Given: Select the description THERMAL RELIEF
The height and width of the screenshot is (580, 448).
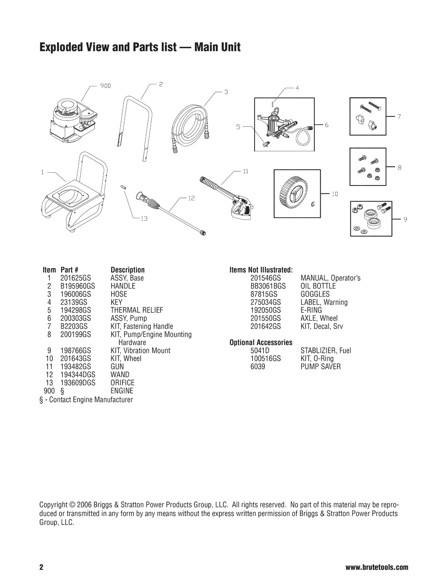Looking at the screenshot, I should [137, 310].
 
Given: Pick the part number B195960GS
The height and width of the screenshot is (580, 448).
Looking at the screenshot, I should [78, 286].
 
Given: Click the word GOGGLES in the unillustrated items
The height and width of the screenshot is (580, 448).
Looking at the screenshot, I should [315, 294].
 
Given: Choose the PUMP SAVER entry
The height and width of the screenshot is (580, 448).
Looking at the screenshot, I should [321, 366].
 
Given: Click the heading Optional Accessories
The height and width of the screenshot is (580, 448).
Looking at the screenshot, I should [261, 342].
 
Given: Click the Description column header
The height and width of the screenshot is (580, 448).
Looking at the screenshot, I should [127, 270].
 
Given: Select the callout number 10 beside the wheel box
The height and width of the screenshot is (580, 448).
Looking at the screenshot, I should [335, 194].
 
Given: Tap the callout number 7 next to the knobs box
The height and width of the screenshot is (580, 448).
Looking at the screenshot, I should [399, 117].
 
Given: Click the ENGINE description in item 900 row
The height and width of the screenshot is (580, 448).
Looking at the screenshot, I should [122, 391].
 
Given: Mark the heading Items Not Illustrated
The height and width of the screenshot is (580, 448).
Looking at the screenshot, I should [261, 270].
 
